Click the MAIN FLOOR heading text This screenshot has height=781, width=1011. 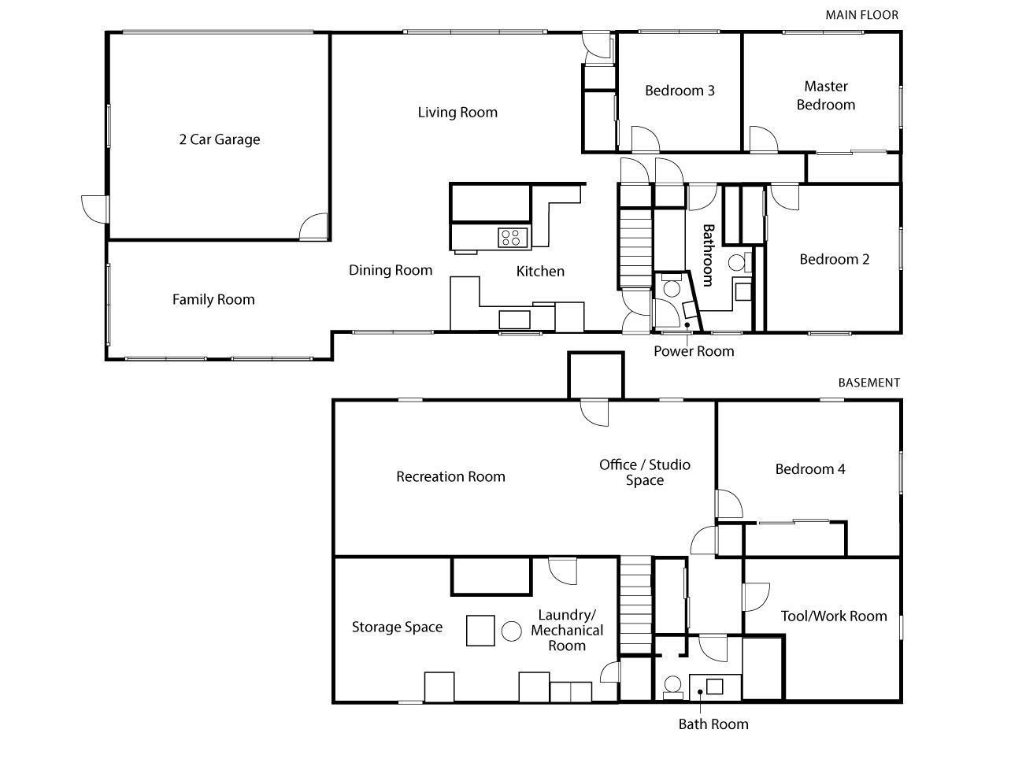(861, 15)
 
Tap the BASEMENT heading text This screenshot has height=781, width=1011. (868, 383)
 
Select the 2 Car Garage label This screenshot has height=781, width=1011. (220, 139)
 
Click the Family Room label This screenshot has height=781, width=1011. (213, 299)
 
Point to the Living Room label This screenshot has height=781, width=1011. (457, 112)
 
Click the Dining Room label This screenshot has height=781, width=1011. (391, 270)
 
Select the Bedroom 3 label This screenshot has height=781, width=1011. (680, 91)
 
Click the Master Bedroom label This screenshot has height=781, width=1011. (825, 95)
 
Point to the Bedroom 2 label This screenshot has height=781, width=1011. (834, 259)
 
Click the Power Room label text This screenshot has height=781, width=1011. (694, 351)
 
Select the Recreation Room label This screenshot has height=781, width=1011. (450, 476)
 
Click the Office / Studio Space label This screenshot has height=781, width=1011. (645, 472)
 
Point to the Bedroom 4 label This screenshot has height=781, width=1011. (810, 469)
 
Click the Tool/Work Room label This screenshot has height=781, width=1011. (833, 616)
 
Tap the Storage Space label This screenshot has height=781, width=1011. (397, 627)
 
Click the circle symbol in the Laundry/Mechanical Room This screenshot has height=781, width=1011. (512, 631)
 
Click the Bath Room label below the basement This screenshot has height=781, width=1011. (713, 724)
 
